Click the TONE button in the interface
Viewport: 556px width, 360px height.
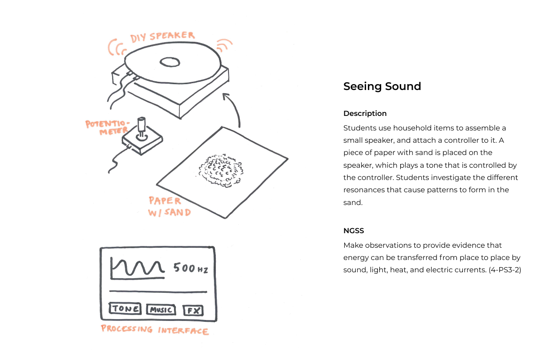125,309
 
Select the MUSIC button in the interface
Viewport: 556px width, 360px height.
161,310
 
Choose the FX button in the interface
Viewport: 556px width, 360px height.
193,311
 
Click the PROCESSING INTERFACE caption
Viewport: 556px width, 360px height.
155,330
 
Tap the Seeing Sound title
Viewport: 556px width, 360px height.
382,86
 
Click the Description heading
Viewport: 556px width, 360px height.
365,113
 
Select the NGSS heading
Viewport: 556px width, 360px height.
353,230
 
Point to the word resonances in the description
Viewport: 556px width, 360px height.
364,190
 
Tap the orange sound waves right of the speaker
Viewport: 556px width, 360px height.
223,45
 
